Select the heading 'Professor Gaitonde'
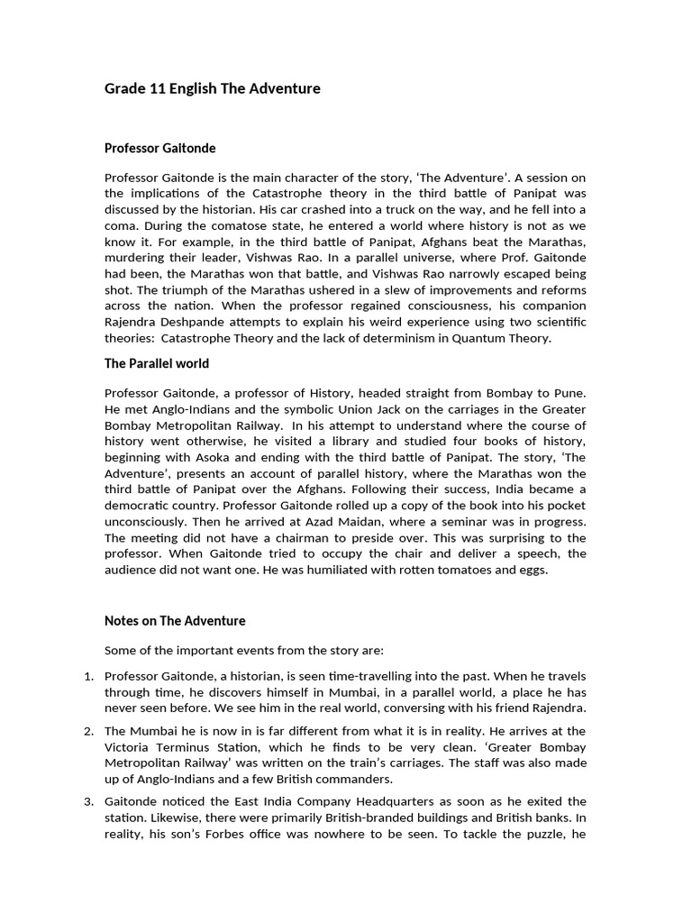click(x=160, y=148)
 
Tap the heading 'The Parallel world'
click(x=157, y=363)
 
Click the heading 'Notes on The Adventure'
click(x=175, y=621)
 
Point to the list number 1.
click(x=88, y=676)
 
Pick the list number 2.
click(x=88, y=731)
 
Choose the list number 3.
click(x=88, y=801)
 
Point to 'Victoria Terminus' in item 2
click(x=157, y=747)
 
